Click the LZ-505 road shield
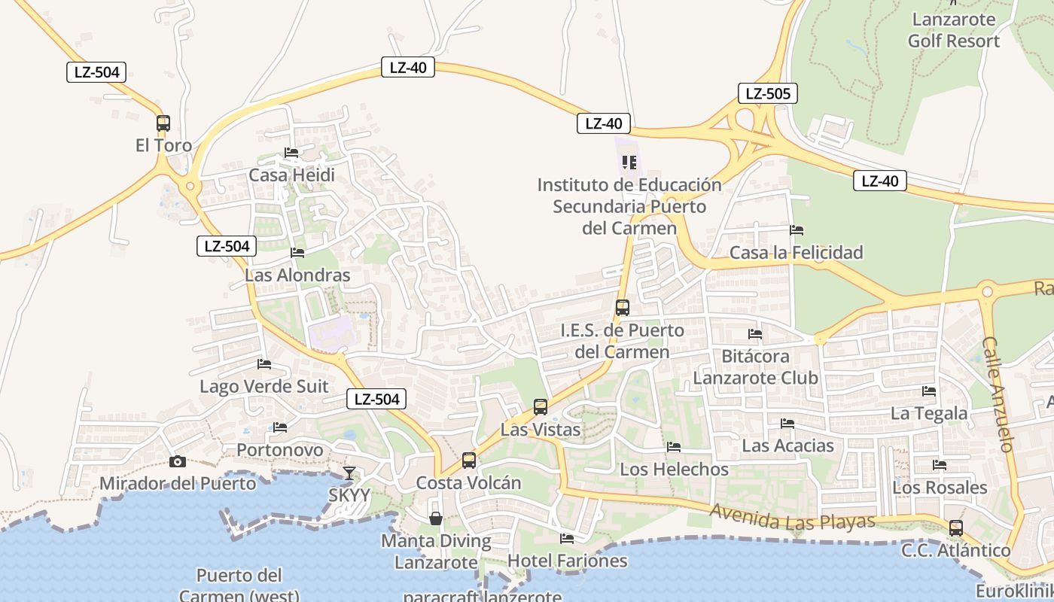[x=767, y=93]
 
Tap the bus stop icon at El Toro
[x=163, y=123]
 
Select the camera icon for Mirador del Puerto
[x=178, y=461]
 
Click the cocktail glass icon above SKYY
[x=349, y=473]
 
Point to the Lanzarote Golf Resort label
[x=953, y=30]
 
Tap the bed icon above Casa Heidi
[x=291, y=153]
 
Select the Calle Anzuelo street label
[x=999, y=394]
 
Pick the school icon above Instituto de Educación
[x=629, y=162]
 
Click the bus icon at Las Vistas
[x=541, y=407]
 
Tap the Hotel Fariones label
[x=567, y=561]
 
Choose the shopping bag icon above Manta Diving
[x=436, y=518]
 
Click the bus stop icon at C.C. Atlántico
[x=956, y=528]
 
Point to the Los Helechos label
[x=674, y=470]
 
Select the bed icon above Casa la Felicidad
[x=797, y=230]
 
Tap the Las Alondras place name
[x=297, y=275]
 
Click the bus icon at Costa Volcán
[x=469, y=460]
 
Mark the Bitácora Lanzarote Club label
[x=755, y=366]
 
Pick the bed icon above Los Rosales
[x=940, y=465]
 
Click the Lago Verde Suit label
[x=263, y=387]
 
